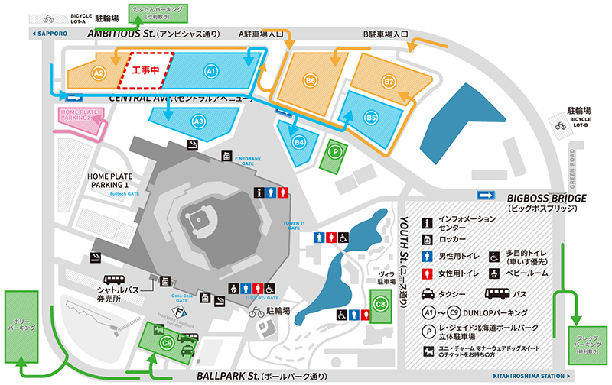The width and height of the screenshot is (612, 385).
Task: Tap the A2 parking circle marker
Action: [98, 73]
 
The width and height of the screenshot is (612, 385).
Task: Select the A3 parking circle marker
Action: [198, 121]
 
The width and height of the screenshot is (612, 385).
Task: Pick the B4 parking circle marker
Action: [300, 141]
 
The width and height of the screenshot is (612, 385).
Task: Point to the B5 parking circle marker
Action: [371, 118]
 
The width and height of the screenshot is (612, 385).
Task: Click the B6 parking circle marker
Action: [310, 79]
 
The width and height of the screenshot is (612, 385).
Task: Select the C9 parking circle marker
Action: [166, 343]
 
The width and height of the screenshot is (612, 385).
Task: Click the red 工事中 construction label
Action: [145, 70]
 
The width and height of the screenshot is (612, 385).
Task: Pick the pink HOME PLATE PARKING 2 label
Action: [80, 115]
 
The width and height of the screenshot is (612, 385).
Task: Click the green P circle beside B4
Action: [334, 150]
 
